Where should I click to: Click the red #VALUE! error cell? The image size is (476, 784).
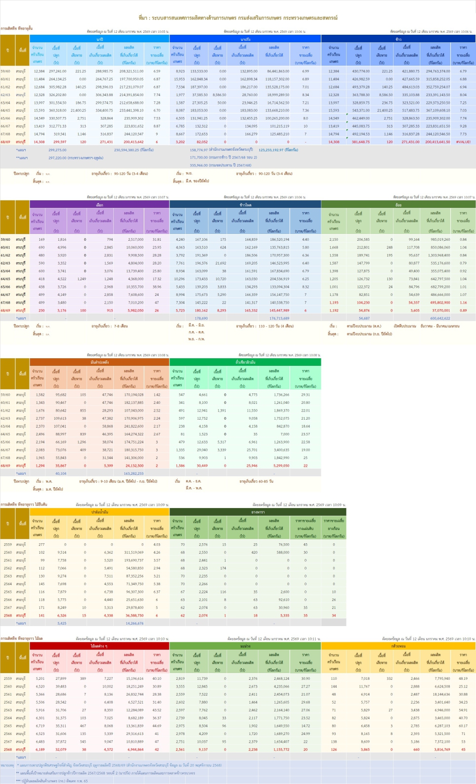tap(463, 142)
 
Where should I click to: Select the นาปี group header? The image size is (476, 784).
tap(99, 39)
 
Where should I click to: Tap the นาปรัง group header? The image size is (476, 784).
tap(246, 39)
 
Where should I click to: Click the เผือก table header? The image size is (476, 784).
tap(99, 205)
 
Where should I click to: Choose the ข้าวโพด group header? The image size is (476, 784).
tap(246, 205)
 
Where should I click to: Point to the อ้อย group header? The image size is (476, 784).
tap(398, 205)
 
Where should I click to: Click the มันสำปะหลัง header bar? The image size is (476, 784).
tap(99, 362)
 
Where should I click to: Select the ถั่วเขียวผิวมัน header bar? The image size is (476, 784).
tap(246, 362)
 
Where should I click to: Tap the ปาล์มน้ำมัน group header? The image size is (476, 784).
tap(99, 512)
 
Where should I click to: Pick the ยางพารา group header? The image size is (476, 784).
tap(258, 512)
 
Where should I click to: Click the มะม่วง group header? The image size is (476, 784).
tap(246, 646)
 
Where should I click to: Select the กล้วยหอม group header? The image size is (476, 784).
tap(398, 646)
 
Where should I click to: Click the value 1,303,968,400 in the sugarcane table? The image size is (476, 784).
tap(439, 255)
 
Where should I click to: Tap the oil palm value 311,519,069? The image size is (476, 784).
tap(134, 552)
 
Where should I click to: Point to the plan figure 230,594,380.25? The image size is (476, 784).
tap(134, 150)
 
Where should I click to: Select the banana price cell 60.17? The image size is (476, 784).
tap(463, 726)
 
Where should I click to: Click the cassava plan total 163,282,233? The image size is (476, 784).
tap(134, 473)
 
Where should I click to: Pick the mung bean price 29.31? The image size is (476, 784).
tap(306, 394)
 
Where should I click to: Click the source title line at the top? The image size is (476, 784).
tap(238, 18)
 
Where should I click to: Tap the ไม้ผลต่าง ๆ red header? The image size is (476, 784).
tap(99, 646)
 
